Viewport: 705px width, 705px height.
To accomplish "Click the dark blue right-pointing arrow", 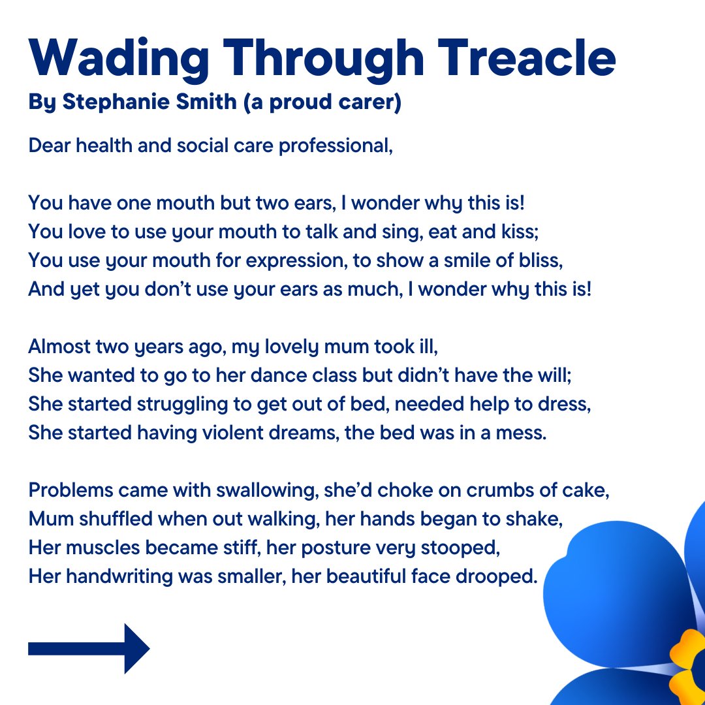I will (89, 648).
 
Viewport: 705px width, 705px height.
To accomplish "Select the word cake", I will (584, 490).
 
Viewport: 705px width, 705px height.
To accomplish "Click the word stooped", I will (462, 548).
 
